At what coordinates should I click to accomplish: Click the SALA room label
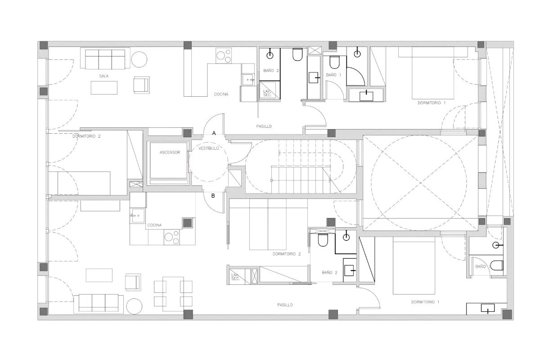pos(104,76)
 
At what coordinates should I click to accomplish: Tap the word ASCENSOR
pos(170,153)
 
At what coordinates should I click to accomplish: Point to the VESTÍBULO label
pos(209,148)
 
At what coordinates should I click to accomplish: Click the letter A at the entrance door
pos(214,133)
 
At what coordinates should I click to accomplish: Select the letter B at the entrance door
pos(213,196)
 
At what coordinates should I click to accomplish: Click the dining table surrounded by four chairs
pos(173,294)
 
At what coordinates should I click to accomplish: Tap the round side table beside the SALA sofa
pos(139,59)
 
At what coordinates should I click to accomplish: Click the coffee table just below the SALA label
pos(104,88)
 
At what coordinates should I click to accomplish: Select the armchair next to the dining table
pos(133,282)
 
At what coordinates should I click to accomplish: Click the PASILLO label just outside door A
pos(264,126)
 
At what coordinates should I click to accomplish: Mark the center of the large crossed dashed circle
pos(420,183)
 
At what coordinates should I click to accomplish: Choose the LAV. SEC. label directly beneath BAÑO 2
pos(267,93)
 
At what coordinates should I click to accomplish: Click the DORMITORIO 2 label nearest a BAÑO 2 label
pos(287,254)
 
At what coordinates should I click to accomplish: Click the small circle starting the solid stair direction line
pos(272,180)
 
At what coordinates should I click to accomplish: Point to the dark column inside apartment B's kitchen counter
pos(187,223)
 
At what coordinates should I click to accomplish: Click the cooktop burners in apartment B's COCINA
pos(171,237)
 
